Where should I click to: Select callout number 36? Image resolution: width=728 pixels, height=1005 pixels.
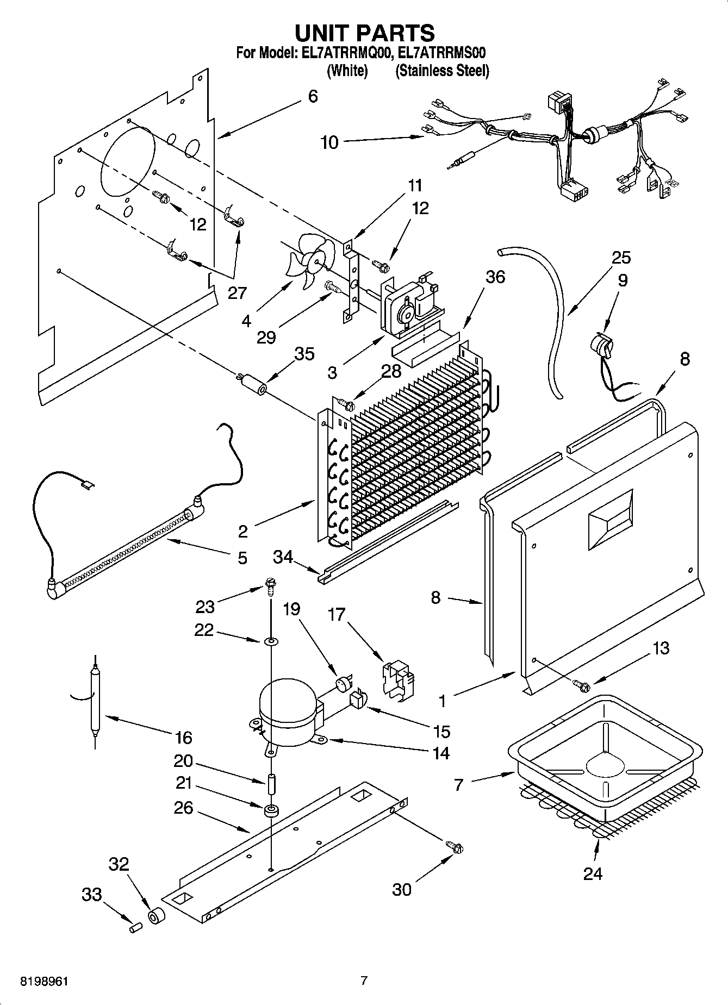pyautogui.click(x=495, y=277)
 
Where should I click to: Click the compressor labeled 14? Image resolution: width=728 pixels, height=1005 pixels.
pyautogui.click(x=288, y=713)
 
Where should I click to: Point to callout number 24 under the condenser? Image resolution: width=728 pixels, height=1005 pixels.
pyautogui.click(x=592, y=873)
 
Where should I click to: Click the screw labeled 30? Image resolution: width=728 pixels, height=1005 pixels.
pyautogui.click(x=454, y=847)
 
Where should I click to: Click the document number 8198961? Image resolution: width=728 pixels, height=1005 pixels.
pyautogui.click(x=44, y=981)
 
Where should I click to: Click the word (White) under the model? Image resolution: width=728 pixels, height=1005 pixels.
pyautogui.click(x=347, y=71)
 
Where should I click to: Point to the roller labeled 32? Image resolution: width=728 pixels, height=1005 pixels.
pyautogui.click(x=157, y=915)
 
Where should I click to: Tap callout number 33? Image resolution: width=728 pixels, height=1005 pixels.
pyautogui.click(x=92, y=894)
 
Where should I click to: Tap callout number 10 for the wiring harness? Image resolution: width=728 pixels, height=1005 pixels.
pyautogui.click(x=329, y=142)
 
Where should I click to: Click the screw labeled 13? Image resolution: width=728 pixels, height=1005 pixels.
pyautogui.click(x=581, y=685)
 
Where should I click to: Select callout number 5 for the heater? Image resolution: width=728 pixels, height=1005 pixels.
pyautogui.click(x=241, y=558)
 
